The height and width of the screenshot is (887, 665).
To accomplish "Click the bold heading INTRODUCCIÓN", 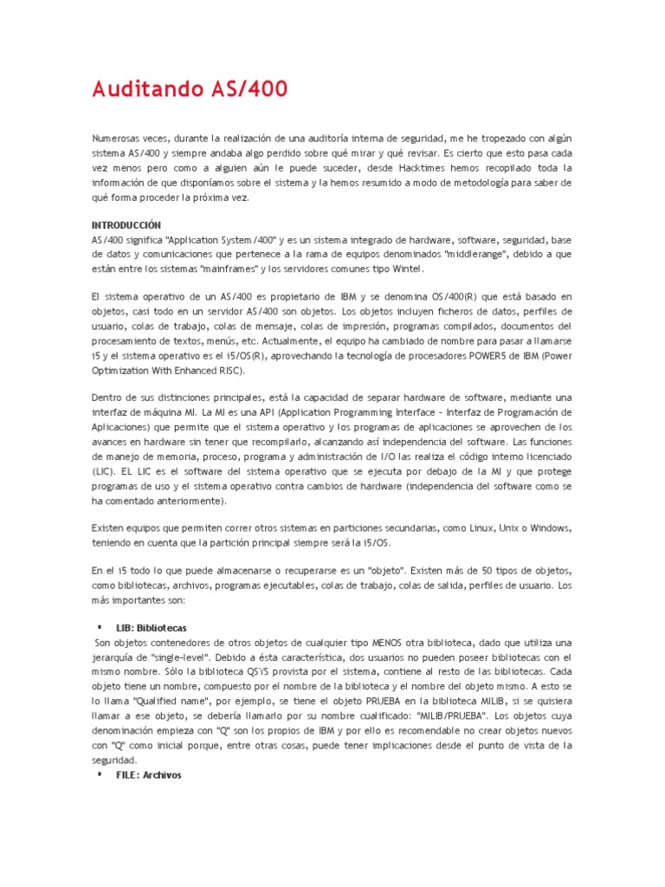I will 127,224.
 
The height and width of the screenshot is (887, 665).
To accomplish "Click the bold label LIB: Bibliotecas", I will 152,627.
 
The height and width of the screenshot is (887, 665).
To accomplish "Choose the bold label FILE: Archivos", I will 148,775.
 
